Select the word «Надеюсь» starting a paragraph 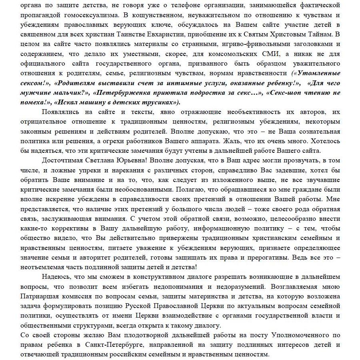tap(56, 277)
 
